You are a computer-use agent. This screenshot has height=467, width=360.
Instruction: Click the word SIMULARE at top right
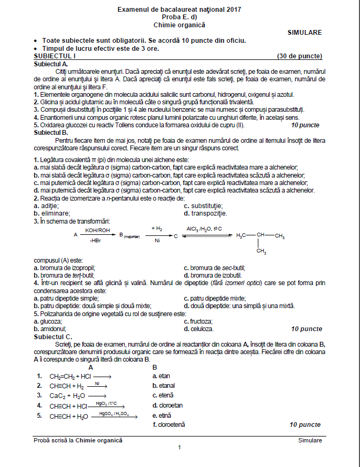pos(304,33)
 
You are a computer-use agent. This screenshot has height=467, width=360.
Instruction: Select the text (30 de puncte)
pos(299,56)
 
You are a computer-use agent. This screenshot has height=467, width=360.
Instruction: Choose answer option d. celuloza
pos(198,330)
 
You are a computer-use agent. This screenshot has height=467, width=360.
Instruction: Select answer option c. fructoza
pos(198,321)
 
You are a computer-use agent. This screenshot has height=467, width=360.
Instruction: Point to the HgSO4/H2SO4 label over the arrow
pos(113,413)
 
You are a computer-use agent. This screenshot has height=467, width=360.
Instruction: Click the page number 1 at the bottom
pos(180,448)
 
